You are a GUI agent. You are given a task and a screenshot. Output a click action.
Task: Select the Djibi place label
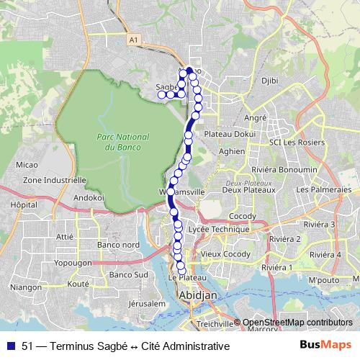270,81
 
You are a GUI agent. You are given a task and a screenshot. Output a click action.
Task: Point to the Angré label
256,117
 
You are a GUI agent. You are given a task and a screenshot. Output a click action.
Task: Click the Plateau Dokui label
230,133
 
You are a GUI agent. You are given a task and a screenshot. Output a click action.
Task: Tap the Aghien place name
232,152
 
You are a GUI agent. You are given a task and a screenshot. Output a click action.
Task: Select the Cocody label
242,217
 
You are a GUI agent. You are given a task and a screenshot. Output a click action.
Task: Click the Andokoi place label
89,197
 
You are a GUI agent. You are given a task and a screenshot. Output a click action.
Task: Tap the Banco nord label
118,245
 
